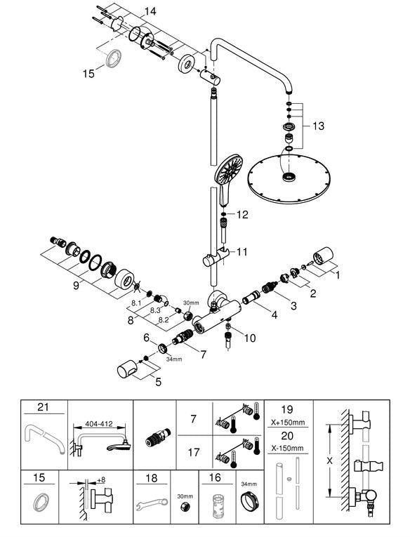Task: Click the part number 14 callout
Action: tap(150, 11)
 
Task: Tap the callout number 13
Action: tap(318, 126)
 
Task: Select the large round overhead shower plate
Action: tap(289, 179)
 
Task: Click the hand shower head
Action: tap(228, 179)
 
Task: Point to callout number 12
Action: tap(242, 215)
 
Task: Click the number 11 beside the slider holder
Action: tap(242, 252)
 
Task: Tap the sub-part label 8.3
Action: tap(155, 310)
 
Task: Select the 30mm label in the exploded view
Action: tap(191, 303)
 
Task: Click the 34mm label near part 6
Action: tap(174, 359)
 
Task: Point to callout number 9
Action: tap(76, 285)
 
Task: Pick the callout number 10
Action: tap(250, 338)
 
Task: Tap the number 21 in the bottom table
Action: tap(43, 407)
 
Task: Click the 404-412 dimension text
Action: tap(99, 424)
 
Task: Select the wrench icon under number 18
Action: tap(152, 504)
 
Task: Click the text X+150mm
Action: tap(288, 423)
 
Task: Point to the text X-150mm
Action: tap(287, 448)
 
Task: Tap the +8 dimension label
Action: tap(100, 480)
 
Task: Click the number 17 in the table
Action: tap(194, 452)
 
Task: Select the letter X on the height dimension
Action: tap(329, 460)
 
